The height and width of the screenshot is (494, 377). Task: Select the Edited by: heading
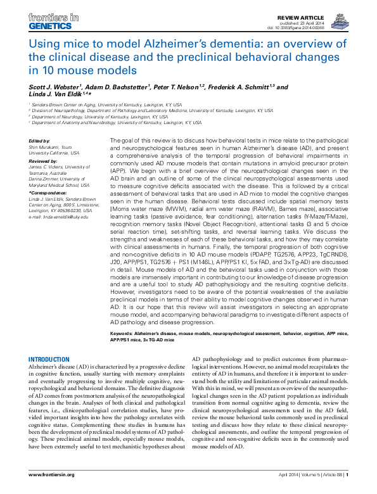click(39, 140)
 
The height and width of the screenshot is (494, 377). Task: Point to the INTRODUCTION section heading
click(49, 358)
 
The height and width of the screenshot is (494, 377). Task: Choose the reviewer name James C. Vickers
click(53, 166)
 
